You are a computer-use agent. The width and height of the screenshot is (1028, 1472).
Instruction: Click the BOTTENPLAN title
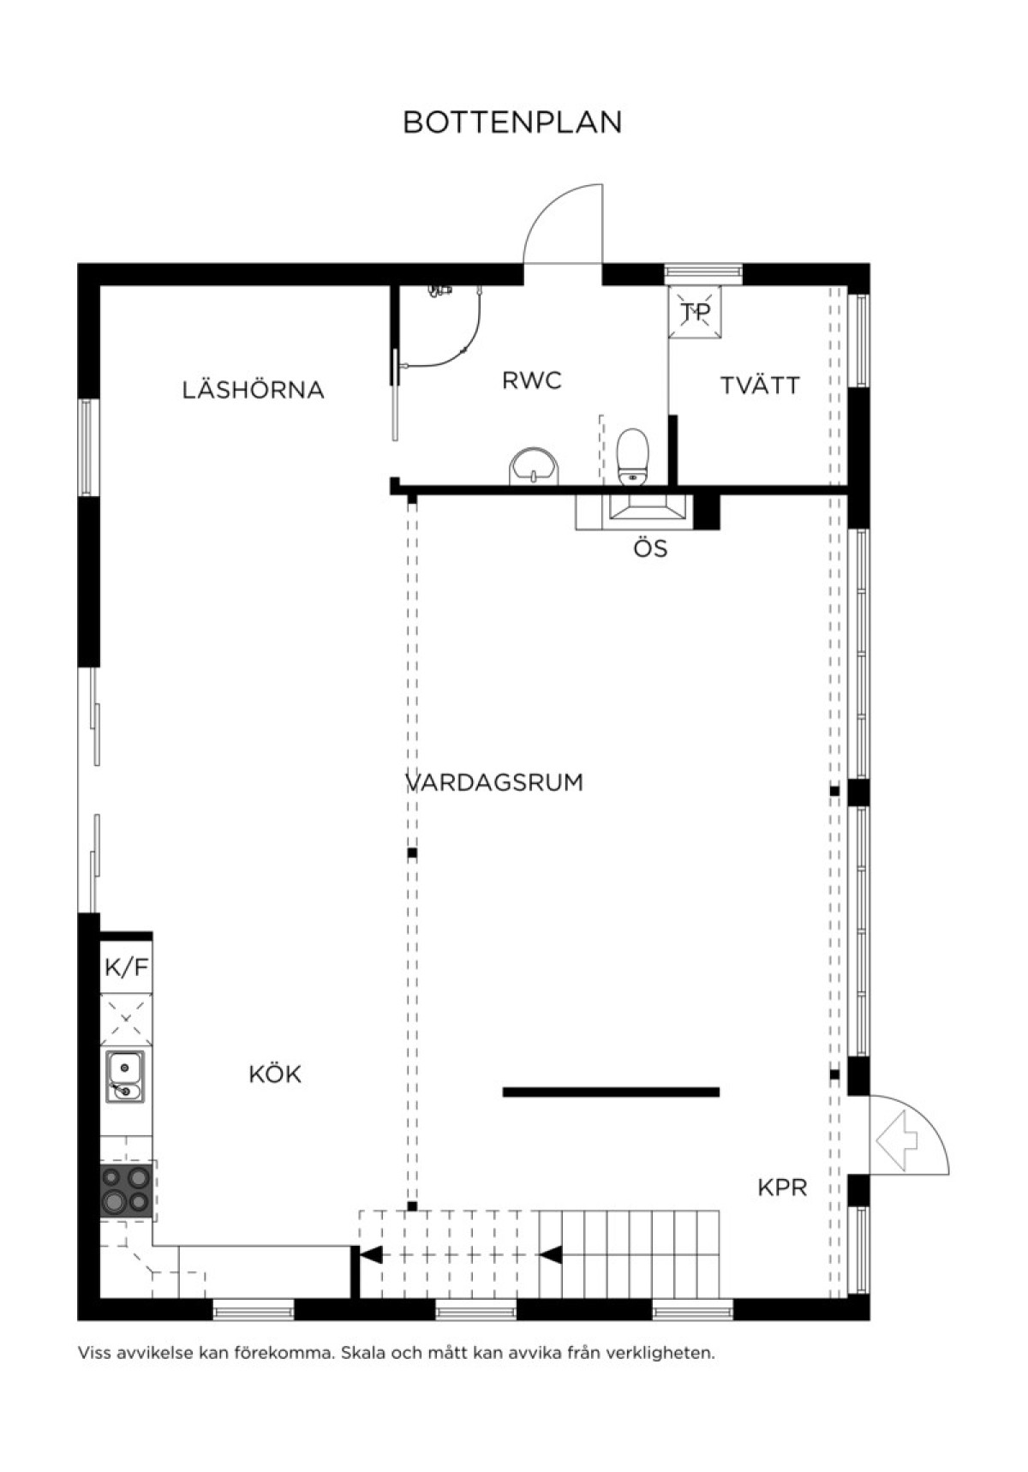[512, 123]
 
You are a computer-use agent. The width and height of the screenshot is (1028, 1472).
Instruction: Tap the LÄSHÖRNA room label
[254, 389]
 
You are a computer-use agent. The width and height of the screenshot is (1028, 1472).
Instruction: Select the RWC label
[532, 380]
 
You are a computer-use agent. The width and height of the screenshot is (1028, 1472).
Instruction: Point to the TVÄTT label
[760, 385]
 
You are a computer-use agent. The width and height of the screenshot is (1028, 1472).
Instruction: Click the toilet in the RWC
[634, 456]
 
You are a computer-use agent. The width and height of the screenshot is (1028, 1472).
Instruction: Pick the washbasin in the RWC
[535, 467]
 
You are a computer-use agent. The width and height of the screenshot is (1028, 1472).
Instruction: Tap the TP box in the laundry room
[695, 312]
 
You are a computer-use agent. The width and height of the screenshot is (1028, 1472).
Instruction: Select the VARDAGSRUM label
[494, 782]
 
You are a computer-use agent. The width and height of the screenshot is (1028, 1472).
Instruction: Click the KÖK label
[275, 1074]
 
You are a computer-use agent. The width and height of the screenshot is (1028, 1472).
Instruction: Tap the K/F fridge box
[127, 967]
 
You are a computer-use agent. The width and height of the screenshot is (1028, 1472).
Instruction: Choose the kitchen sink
[125, 1077]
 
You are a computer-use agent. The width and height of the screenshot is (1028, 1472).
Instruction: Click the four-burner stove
[127, 1190]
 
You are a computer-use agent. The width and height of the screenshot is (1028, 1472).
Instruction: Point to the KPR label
[783, 1188]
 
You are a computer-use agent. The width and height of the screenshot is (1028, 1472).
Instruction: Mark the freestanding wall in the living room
[611, 1092]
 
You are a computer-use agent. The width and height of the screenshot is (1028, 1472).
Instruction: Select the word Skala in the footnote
[360, 1354]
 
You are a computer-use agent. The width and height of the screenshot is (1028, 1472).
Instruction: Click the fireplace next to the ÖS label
[647, 512]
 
